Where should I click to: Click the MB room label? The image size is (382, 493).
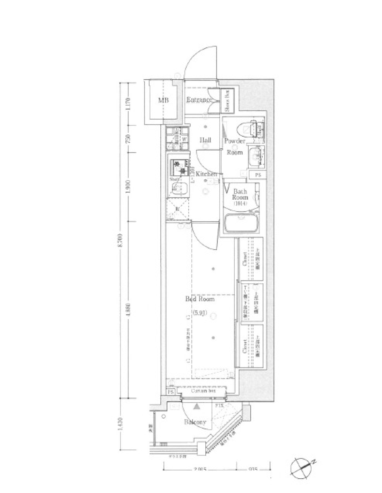[x=163, y=100]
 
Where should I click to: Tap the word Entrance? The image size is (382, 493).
[x=199, y=100]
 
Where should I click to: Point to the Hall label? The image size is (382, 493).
[x=205, y=140]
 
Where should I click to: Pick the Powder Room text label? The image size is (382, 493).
[x=234, y=146]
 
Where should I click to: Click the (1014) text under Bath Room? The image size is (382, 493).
[x=240, y=204]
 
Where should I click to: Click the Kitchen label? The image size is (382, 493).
[x=205, y=174]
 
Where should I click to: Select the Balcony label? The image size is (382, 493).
[x=195, y=422]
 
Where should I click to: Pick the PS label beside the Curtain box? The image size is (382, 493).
[x=171, y=392]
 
